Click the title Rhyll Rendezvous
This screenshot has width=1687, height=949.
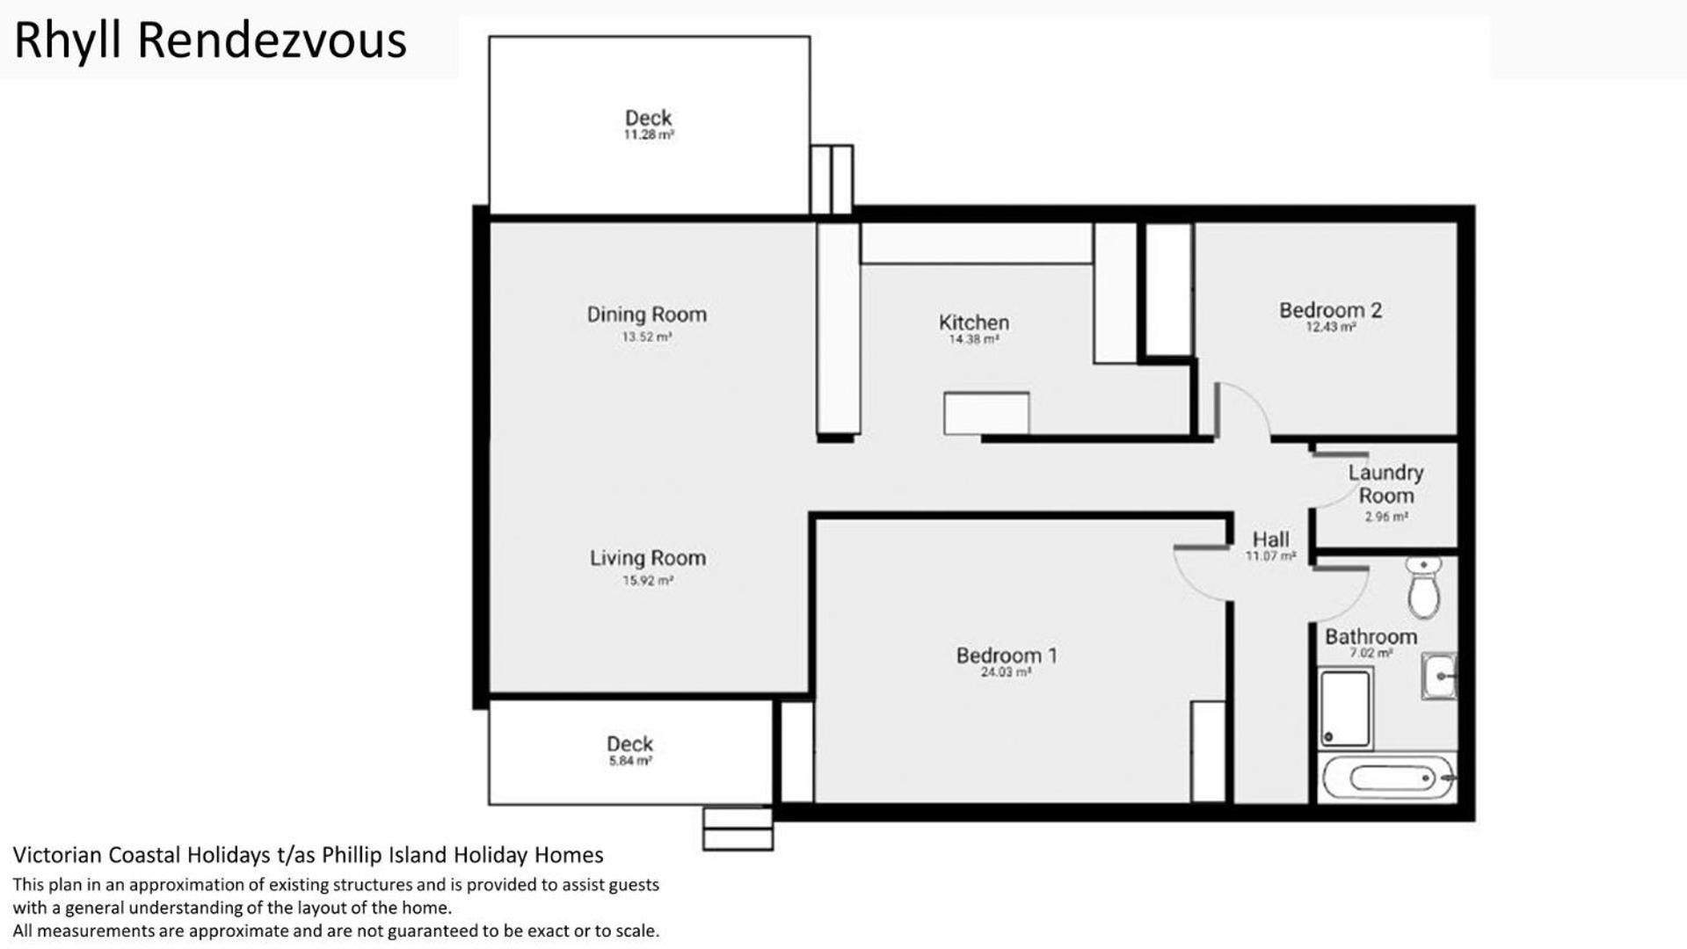[210, 41]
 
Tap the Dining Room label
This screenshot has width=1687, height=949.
[646, 315]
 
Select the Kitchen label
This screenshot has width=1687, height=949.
[973, 322]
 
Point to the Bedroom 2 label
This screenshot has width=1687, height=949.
[1330, 310]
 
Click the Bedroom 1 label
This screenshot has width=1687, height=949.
[1007, 656]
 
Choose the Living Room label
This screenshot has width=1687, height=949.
[647, 558]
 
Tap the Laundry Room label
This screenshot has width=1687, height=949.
[1385, 484]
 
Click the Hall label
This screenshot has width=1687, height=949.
[1270, 540]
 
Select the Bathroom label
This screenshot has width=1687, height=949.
[1371, 637]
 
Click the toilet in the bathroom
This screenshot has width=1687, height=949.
[1423, 586]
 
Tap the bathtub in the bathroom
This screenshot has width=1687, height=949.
[1388, 778]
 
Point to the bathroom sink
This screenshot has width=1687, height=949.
[1438, 676]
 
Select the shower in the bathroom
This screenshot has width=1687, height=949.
[1345, 708]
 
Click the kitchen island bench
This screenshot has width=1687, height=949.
[986, 413]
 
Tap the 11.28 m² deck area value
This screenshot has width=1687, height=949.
[649, 135]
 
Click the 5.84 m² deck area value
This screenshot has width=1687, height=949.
[630, 761]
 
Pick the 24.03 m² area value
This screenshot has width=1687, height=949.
[1006, 672]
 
